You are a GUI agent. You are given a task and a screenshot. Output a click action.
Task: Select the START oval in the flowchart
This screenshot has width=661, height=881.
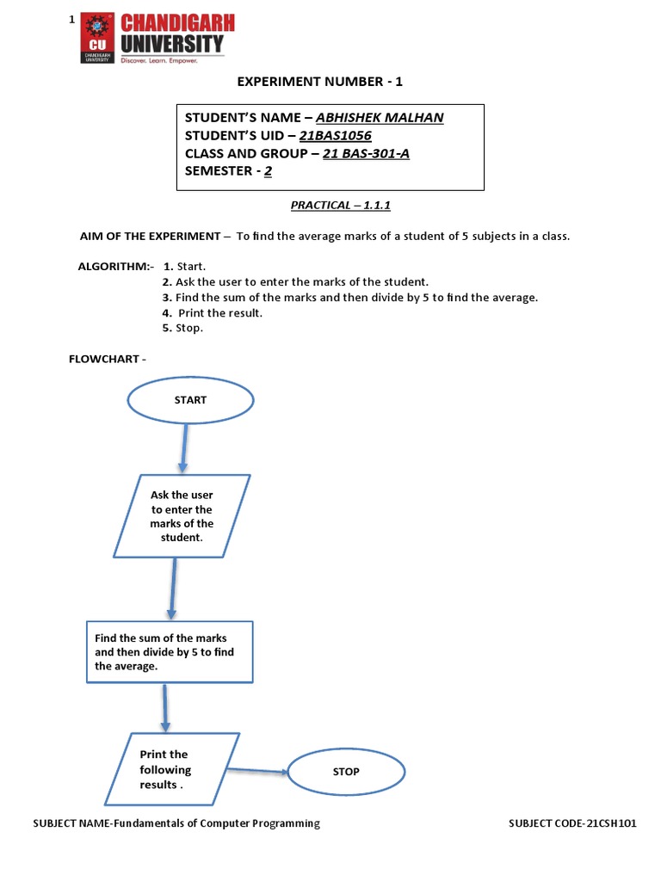click(190, 400)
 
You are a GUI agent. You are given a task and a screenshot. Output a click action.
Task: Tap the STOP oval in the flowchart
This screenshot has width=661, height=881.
click(346, 772)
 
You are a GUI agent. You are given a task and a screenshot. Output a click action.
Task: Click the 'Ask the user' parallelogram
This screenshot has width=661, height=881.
click(182, 516)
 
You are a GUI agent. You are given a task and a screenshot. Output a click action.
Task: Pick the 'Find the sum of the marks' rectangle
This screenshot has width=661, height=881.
click(170, 651)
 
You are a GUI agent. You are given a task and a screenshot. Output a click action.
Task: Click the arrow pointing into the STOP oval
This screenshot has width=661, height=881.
click(258, 771)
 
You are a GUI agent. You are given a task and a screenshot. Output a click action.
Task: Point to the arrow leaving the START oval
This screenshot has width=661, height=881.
click(182, 447)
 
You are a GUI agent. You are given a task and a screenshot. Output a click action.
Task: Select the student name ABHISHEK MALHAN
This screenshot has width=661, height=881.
click(380, 118)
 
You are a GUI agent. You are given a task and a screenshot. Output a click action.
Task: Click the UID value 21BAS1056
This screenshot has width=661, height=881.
click(335, 136)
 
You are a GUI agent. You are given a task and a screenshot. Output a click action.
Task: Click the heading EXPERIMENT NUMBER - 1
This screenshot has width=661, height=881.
click(319, 82)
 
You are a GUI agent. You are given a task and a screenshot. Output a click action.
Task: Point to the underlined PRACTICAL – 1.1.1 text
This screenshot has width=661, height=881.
click(335, 205)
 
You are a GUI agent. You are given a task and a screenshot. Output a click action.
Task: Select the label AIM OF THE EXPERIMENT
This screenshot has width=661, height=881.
click(149, 236)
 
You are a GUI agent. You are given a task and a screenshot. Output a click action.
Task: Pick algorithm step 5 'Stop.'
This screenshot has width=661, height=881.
click(183, 328)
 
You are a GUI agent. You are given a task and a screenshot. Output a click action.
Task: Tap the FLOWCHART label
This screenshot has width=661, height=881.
click(103, 359)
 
